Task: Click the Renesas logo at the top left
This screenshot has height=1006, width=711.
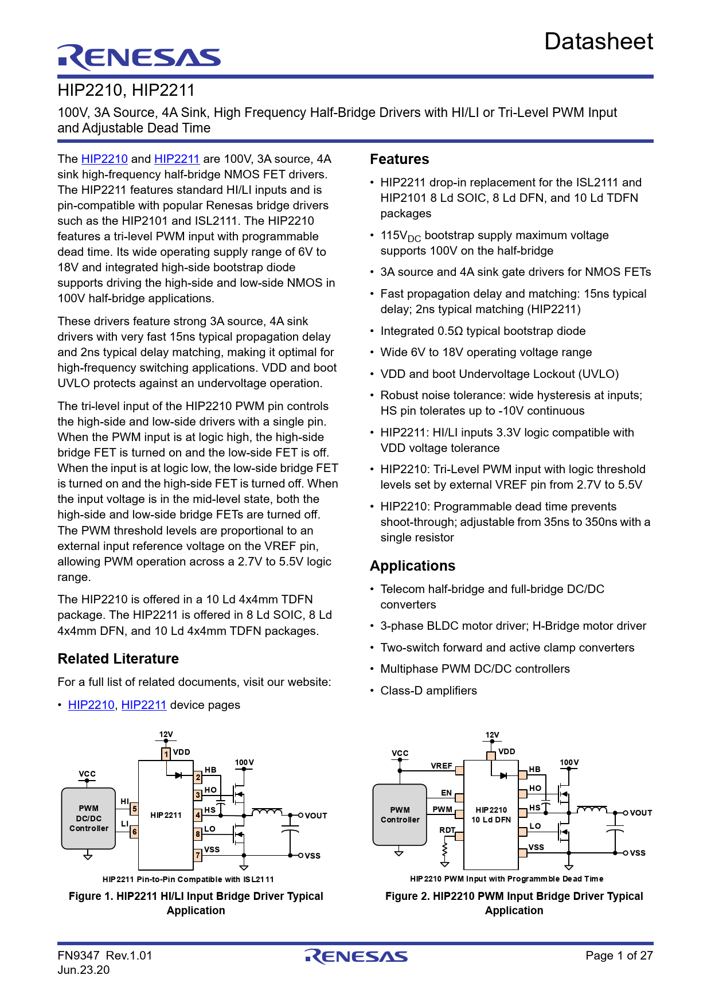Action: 139,57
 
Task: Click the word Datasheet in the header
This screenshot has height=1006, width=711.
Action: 598,42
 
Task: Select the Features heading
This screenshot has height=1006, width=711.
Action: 399,159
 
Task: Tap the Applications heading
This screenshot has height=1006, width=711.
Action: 412,566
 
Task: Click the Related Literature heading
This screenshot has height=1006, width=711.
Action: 118,659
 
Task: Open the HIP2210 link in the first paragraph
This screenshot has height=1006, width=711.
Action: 104,159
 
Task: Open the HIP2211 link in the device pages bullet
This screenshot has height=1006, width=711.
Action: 143,705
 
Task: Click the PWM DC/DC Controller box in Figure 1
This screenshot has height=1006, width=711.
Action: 88,818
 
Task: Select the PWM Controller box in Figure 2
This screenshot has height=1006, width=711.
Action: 400,814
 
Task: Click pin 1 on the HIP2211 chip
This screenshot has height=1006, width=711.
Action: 166,754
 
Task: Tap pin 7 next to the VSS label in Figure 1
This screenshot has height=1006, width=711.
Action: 198,855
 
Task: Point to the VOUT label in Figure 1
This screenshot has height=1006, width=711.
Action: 315,816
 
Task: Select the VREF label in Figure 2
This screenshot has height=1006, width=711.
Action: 442,766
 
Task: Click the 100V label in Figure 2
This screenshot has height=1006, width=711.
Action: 569,763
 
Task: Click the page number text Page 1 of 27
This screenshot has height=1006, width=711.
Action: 619,956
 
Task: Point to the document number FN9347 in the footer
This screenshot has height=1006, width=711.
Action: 79,956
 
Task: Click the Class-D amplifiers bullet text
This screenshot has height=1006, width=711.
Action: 428,691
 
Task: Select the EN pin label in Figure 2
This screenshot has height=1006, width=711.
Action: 446,793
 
